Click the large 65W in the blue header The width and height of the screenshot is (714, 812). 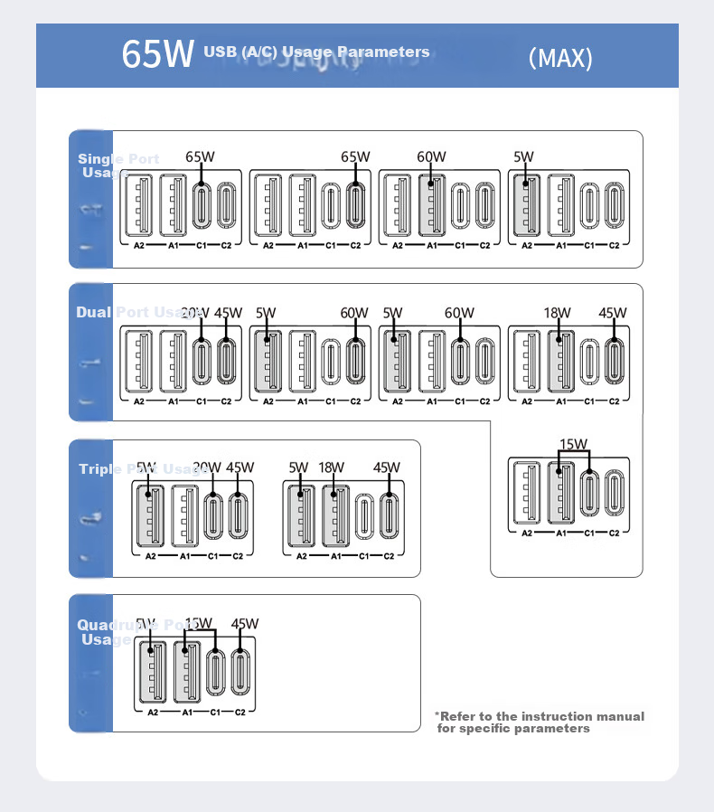[158, 54]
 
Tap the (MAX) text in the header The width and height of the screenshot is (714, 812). [560, 58]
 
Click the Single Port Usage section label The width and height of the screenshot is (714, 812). [117, 165]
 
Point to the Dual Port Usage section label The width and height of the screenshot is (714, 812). [136, 312]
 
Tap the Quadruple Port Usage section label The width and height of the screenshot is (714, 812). [116, 632]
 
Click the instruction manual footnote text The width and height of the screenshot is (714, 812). [540, 722]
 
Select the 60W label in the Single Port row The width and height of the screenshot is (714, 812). [431, 156]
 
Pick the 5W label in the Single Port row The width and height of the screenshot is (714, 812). [523, 156]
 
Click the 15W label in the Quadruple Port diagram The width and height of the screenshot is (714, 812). [198, 624]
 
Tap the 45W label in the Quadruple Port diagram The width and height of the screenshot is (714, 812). [245, 624]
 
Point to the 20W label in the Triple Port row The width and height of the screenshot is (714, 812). [207, 467]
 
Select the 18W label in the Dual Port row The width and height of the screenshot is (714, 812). [557, 313]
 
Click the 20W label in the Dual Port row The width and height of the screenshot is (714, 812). [194, 313]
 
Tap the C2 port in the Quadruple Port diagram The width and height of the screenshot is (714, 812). [240, 672]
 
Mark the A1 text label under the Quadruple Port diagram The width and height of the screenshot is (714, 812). [187, 713]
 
